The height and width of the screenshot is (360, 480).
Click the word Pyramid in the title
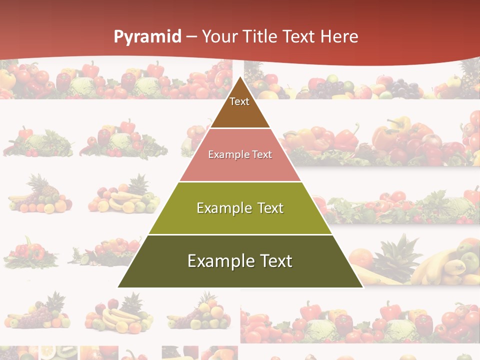click(x=147, y=37)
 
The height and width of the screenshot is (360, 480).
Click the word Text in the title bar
click(x=299, y=36)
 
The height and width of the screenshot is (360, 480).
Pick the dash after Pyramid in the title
click(x=191, y=37)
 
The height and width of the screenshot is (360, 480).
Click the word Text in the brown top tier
click(x=239, y=101)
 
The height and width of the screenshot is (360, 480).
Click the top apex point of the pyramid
click(x=240, y=77)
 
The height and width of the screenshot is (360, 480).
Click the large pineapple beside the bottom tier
click(x=397, y=260)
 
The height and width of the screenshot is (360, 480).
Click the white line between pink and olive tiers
click(x=240, y=181)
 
